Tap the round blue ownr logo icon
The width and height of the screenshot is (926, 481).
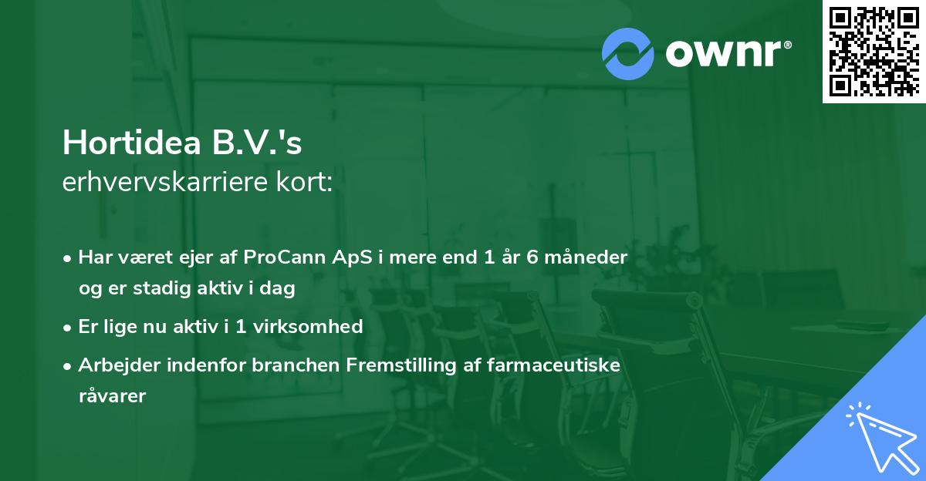click(628, 53)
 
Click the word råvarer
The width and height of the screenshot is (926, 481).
click(112, 396)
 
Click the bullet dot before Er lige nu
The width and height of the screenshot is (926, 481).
click(68, 327)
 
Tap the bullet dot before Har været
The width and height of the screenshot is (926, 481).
click(68, 257)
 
